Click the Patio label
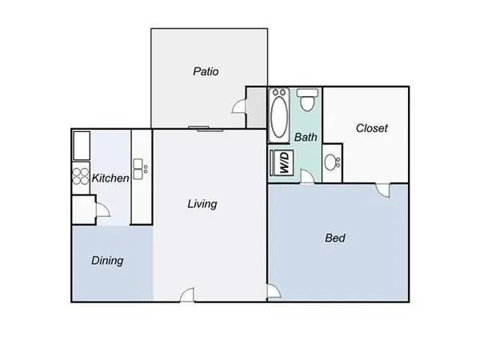pyautogui.click(x=206, y=71)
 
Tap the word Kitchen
pyautogui.click(x=110, y=178)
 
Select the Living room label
pyautogui.click(x=202, y=204)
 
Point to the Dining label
pyautogui.click(x=107, y=260)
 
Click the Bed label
pyautogui.click(x=334, y=238)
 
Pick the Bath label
pyautogui.click(x=306, y=137)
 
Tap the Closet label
pyautogui.click(x=372, y=128)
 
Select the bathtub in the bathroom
pyautogui.click(x=280, y=114)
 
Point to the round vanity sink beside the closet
pyautogui.click(x=333, y=163)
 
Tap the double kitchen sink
pyautogui.click(x=141, y=168)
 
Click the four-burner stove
pyautogui.click(x=81, y=175)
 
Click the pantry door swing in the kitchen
pyautogui.click(x=101, y=210)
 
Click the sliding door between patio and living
pyautogui.click(x=200, y=128)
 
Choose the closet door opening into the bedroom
pyautogui.click(x=385, y=190)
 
